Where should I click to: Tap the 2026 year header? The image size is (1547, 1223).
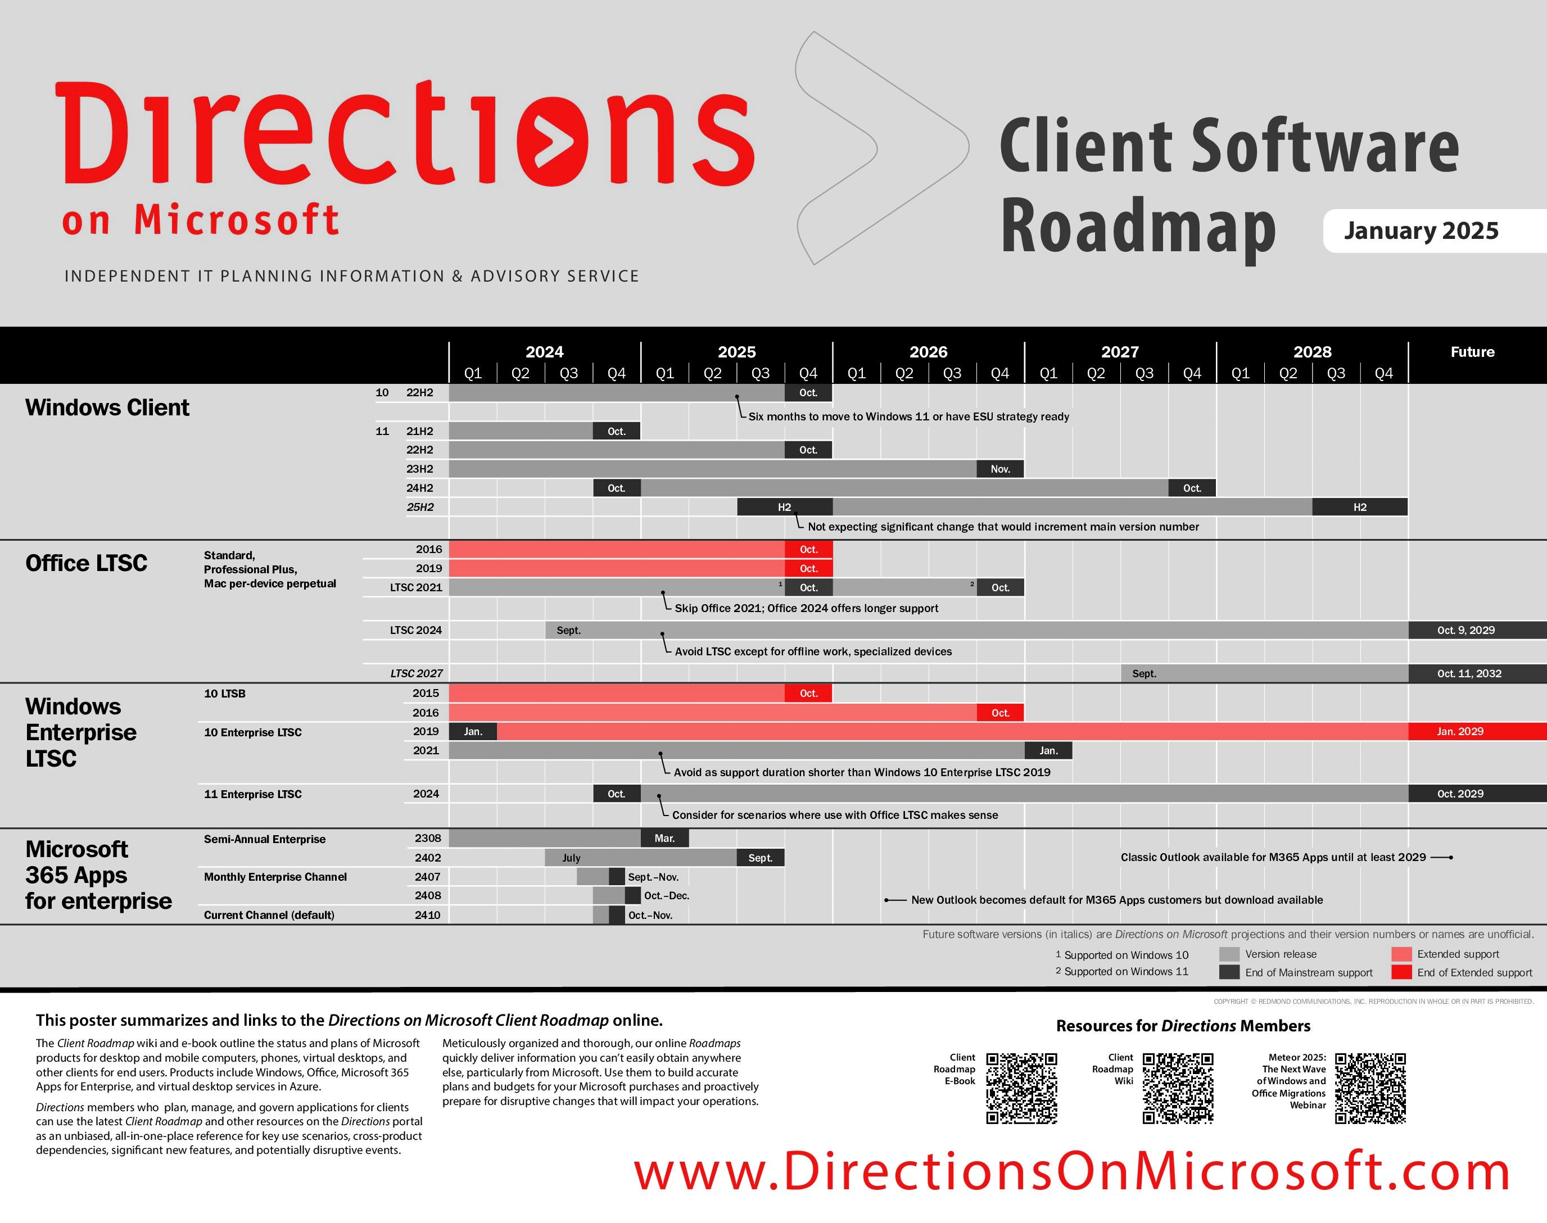(928, 352)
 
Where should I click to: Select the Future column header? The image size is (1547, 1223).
(1472, 352)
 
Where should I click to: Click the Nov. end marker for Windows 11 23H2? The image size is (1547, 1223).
(1001, 469)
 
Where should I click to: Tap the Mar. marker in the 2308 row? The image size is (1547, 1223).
(664, 838)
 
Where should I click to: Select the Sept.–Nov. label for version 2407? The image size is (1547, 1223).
(653, 877)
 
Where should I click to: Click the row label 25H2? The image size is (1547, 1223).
(420, 507)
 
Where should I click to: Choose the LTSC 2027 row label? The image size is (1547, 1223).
(417, 673)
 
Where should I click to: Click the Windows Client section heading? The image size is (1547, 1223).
(107, 407)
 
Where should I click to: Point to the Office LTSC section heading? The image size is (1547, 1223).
(86, 564)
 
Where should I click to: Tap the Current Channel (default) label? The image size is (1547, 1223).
(269, 915)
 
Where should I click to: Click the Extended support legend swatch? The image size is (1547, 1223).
(1401, 954)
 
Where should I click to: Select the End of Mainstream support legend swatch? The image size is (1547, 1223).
(1229, 972)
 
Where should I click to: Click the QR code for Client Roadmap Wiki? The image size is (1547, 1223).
(1178, 1088)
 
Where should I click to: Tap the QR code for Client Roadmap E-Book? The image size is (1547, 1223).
(1022, 1088)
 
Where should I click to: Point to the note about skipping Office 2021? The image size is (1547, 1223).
(807, 609)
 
